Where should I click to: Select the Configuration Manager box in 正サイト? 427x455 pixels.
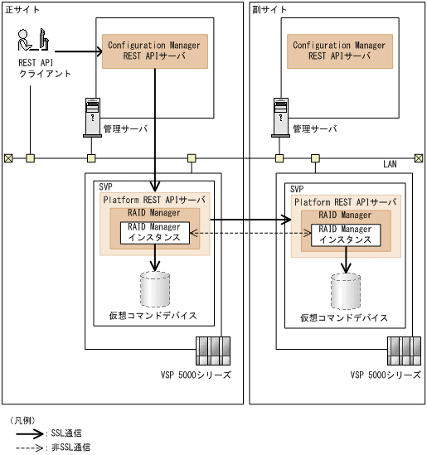pyautogui.click(x=154, y=51)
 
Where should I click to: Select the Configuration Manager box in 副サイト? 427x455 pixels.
pyautogui.click(x=340, y=51)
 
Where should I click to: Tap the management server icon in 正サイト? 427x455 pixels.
pyautogui.click(x=91, y=117)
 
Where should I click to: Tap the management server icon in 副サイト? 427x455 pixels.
pyautogui.click(x=279, y=117)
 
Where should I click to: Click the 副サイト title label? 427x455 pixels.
pyautogui.click(x=270, y=8)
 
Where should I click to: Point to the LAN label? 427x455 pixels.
pyautogui.click(x=390, y=164)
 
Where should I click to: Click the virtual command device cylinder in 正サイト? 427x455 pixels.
pyautogui.click(x=155, y=289)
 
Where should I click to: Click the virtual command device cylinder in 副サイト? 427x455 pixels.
pyautogui.click(x=345, y=290)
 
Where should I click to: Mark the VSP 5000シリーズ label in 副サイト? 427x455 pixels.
pyautogui.click(x=386, y=375)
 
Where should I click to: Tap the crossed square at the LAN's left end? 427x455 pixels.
pyautogui.click(x=8, y=157)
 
